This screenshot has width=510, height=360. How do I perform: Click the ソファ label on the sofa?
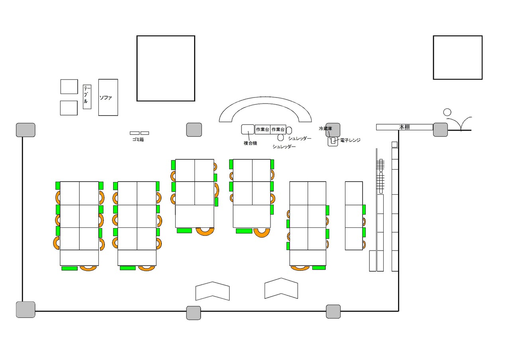pyautogui.click(x=106, y=98)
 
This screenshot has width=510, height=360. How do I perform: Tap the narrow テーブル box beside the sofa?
pyautogui.click(x=87, y=97)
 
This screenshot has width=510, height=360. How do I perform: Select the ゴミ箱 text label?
pyautogui.click(x=138, y=140)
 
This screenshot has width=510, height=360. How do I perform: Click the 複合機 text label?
pyautogui.click(x=250, y=143)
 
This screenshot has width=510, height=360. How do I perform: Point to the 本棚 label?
pyautogui.click(x=404, y=127)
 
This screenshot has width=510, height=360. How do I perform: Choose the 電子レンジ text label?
pyautogui.click(x=350, y=140)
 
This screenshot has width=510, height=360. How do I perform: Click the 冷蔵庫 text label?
pyautogui.click(x=325, y=129)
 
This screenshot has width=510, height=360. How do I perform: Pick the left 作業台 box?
pyautogui.click(x=263, y=129)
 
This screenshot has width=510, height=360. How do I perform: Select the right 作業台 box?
pyautogui.click(x=278, y=129)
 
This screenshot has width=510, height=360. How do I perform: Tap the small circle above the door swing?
pyautogui.click(x=447, y=112)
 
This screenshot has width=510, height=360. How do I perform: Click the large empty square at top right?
pyautogui.click(x=457, y=57)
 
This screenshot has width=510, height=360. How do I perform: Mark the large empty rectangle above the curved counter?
pyautogui.click(x=166, y=68)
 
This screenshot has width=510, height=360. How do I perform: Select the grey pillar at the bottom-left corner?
pyautogui.click(x=25, y=309)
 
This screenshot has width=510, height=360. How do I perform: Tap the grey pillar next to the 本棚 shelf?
pyautogui.click(x=440, y=129)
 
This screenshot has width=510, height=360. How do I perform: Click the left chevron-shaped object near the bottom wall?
pyautogui.click(x=212, y=291)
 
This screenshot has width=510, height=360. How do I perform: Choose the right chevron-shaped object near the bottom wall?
pyautogui.click(x=281, y=288)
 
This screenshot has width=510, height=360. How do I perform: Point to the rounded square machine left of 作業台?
pyautogui.click(x=248, y=129)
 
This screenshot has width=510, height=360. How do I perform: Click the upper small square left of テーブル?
pyautogui.click(x=69, y=86)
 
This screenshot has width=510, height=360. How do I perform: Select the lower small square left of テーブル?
pyautogui.click(x=69, y=108)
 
